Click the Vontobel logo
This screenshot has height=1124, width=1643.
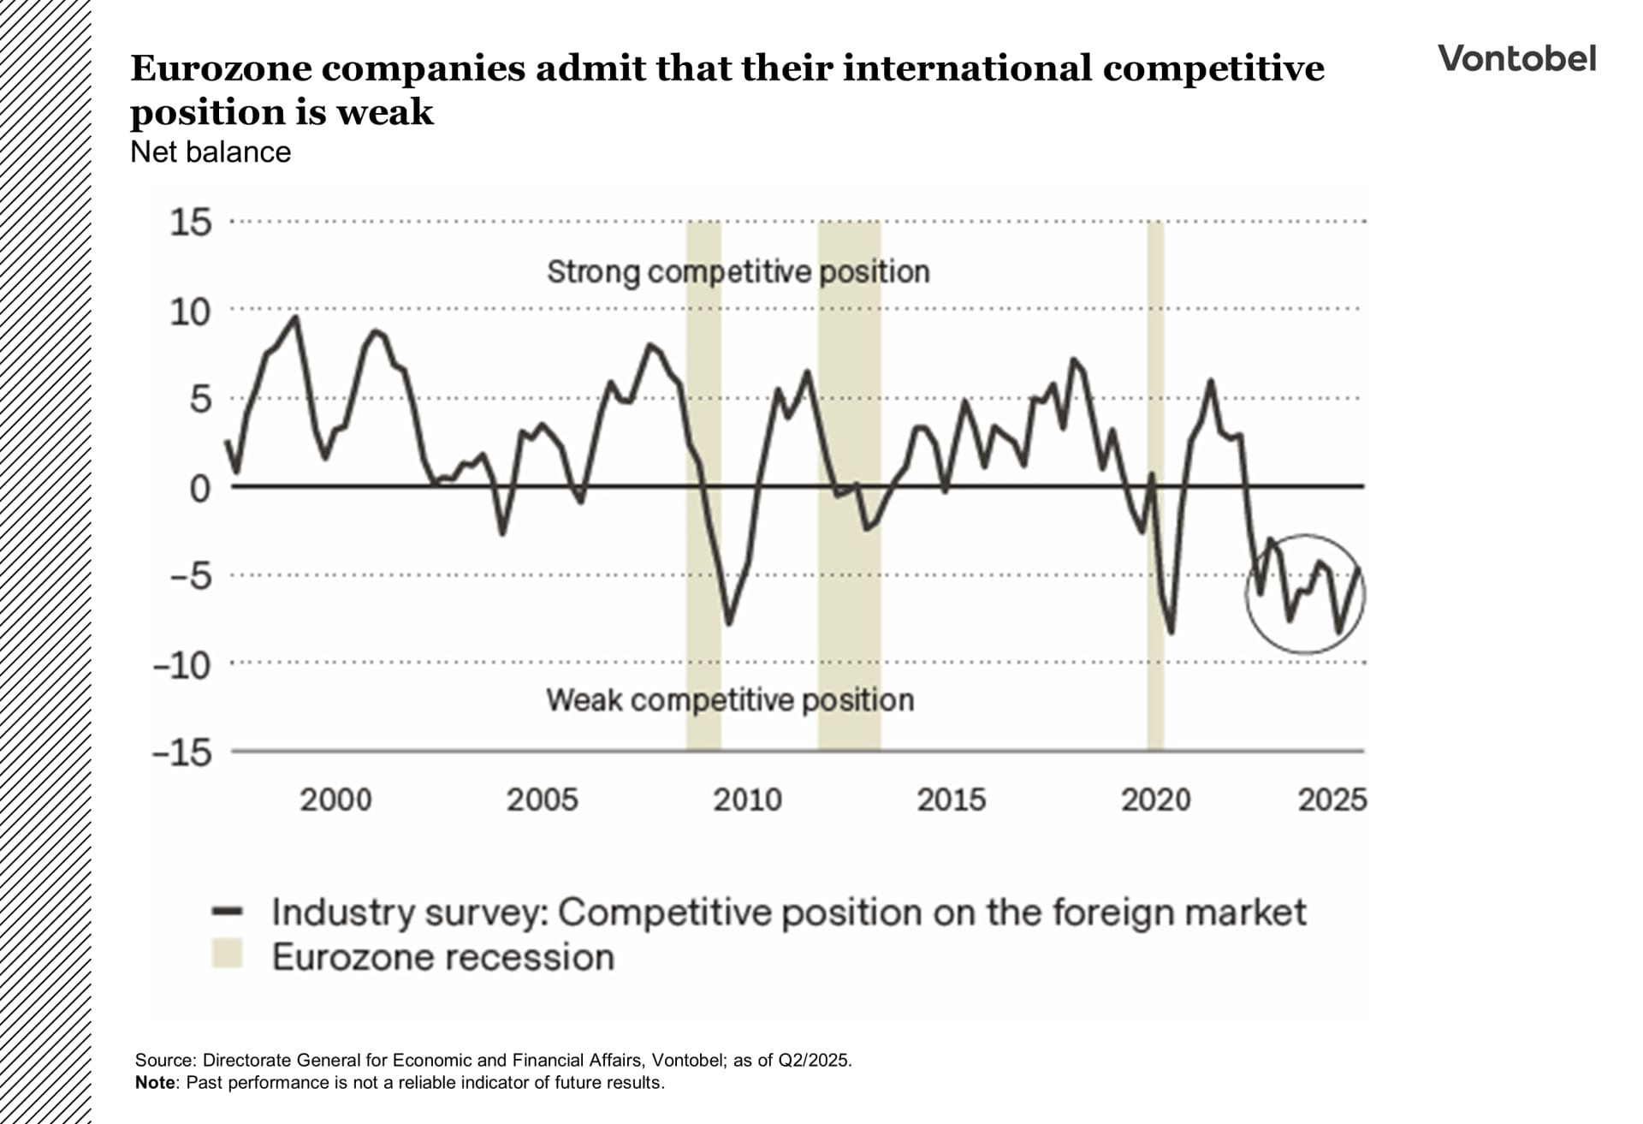coord(1516,58)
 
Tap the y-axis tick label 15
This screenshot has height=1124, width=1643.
coord(191,223)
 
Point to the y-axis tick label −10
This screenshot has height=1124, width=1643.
coord(182,665)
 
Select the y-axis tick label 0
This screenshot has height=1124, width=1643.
coord(199,489)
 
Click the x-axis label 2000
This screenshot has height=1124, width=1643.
coord(335,800)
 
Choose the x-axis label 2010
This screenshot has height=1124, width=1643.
coord(747,800)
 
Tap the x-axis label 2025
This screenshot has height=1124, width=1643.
coord(1332,800)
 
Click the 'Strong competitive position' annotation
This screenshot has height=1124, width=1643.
coord(738,271)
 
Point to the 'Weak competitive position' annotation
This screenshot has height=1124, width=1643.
coord(730,700)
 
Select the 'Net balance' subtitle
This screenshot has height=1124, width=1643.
coord(211,152)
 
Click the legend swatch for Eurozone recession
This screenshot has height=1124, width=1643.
coord(228,954)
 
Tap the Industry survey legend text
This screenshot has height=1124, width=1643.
coord(788,912)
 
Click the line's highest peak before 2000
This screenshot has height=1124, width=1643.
coord(296,318)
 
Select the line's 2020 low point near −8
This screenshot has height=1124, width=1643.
coord(1171,633)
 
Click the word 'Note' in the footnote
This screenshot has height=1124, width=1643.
coord(155,1083)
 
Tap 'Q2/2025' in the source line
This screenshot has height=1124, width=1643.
coord(814,1061)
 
